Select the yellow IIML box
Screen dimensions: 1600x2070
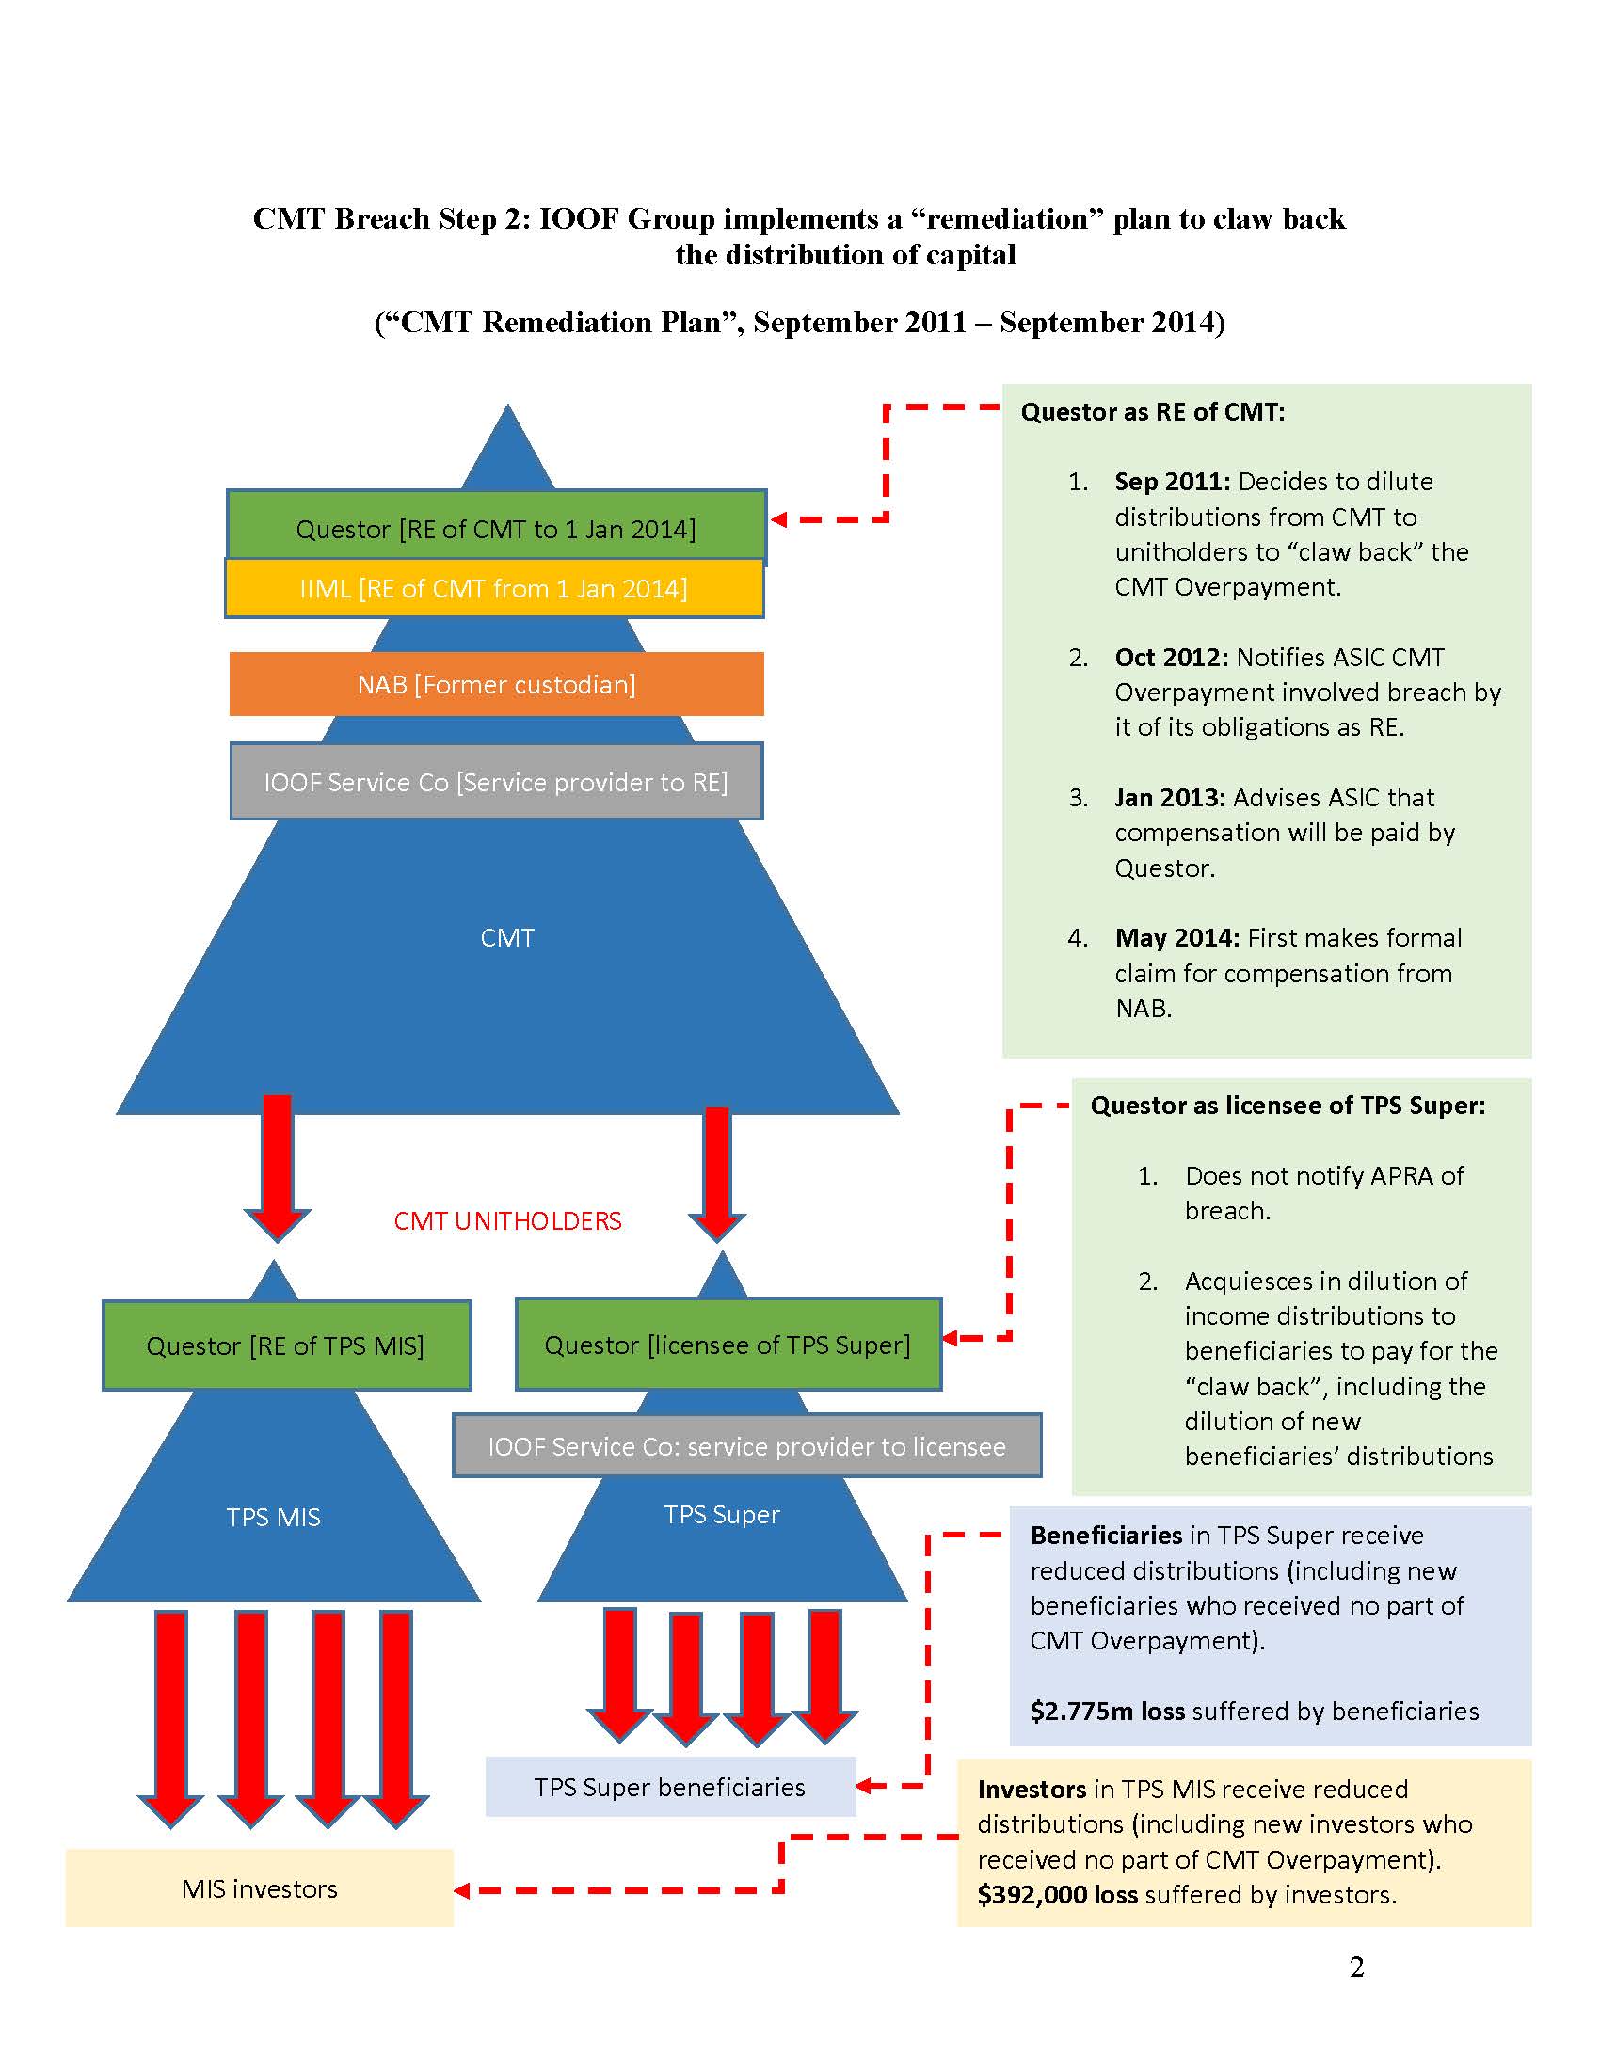pos(494,589)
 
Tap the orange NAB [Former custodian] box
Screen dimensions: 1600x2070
pos(497,683)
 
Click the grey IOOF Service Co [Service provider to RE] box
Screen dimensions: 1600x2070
pos(496,781)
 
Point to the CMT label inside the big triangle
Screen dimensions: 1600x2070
pos(507,937)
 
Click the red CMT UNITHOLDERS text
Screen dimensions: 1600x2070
pos(508,1220)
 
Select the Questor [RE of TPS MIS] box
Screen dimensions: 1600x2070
pos(286,1345)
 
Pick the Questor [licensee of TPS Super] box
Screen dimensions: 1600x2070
pos(728,1344)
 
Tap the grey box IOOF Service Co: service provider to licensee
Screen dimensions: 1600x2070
pos(747,1445)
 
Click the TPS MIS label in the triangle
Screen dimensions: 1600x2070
pos(273,1518)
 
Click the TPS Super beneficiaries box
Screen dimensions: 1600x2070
pos(670,1787)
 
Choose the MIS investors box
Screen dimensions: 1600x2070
pos(260,1888)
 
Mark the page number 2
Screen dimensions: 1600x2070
pos(1356,1967)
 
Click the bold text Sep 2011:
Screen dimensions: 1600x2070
pos(1173,482)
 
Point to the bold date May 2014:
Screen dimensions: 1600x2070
pos(1177,937)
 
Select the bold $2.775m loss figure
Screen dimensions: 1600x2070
pos(1107,1711)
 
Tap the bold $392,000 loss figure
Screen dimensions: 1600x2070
pos(1057,1895)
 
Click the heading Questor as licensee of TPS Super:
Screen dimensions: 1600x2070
pos(1288,1106)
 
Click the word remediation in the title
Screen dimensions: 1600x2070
pos(1007,219)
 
